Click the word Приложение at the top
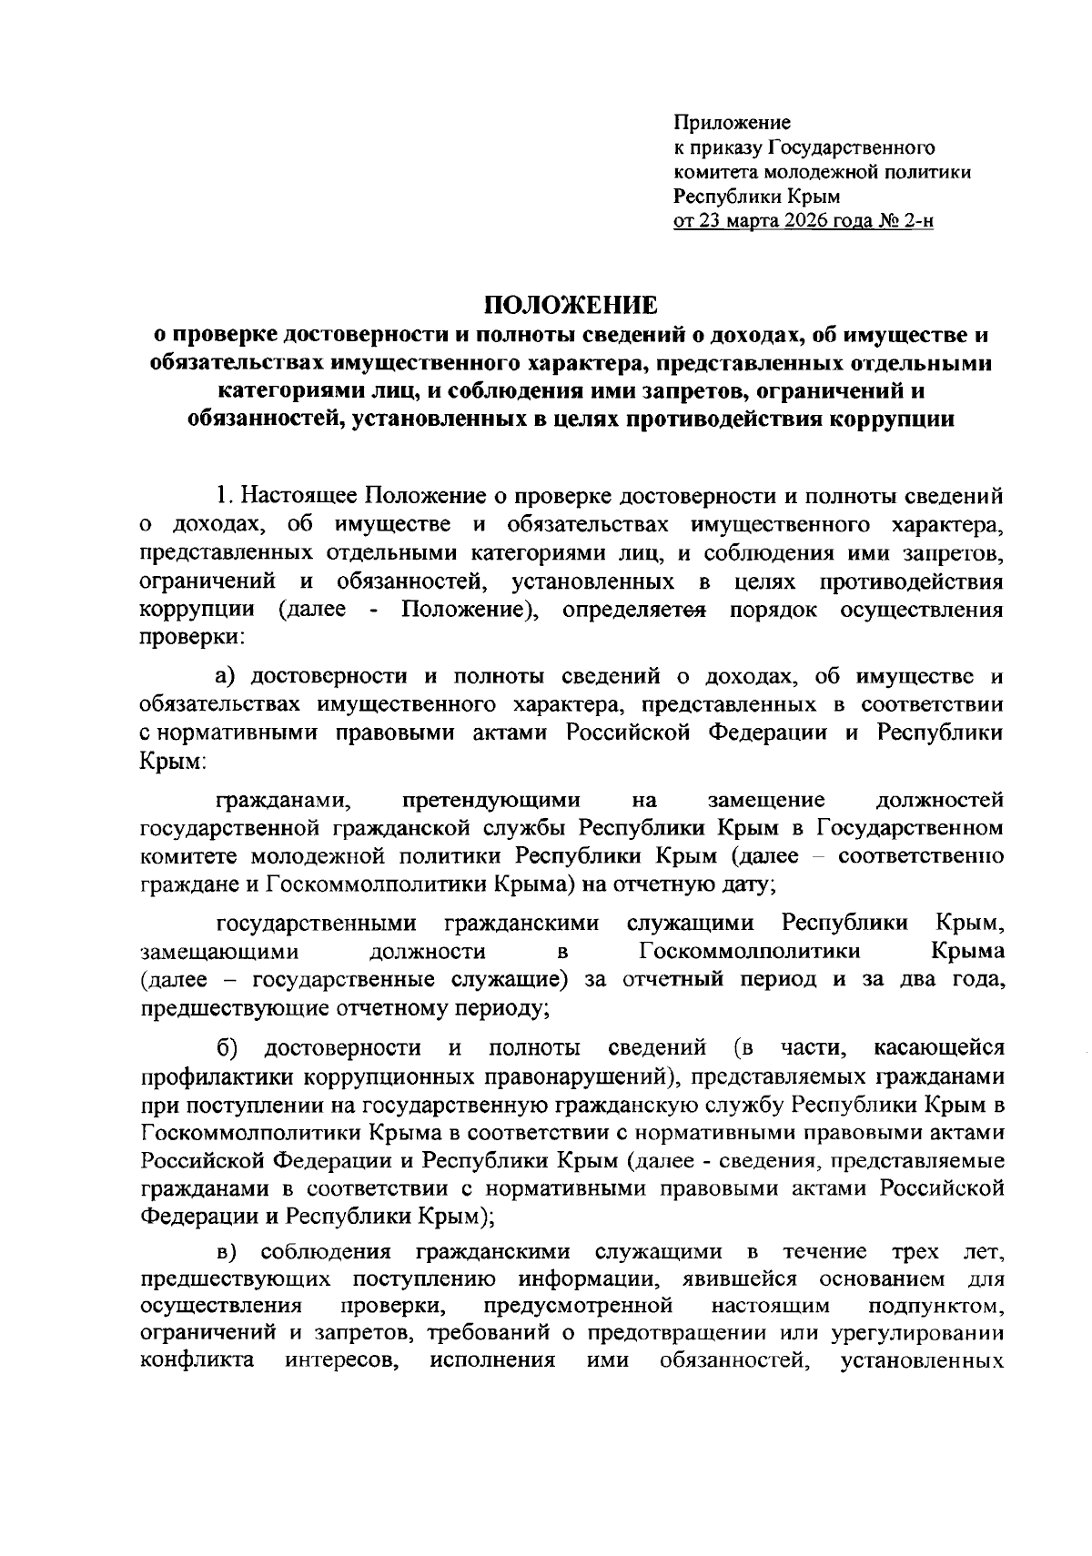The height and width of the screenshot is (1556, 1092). (x=732, y=122)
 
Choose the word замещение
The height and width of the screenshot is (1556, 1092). (x=766, y=800)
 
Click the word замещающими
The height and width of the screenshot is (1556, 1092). (x=219, y=952)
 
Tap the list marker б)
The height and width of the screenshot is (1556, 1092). (x=227, y=1048)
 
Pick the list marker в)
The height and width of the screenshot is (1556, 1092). (x=227, y=1253)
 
